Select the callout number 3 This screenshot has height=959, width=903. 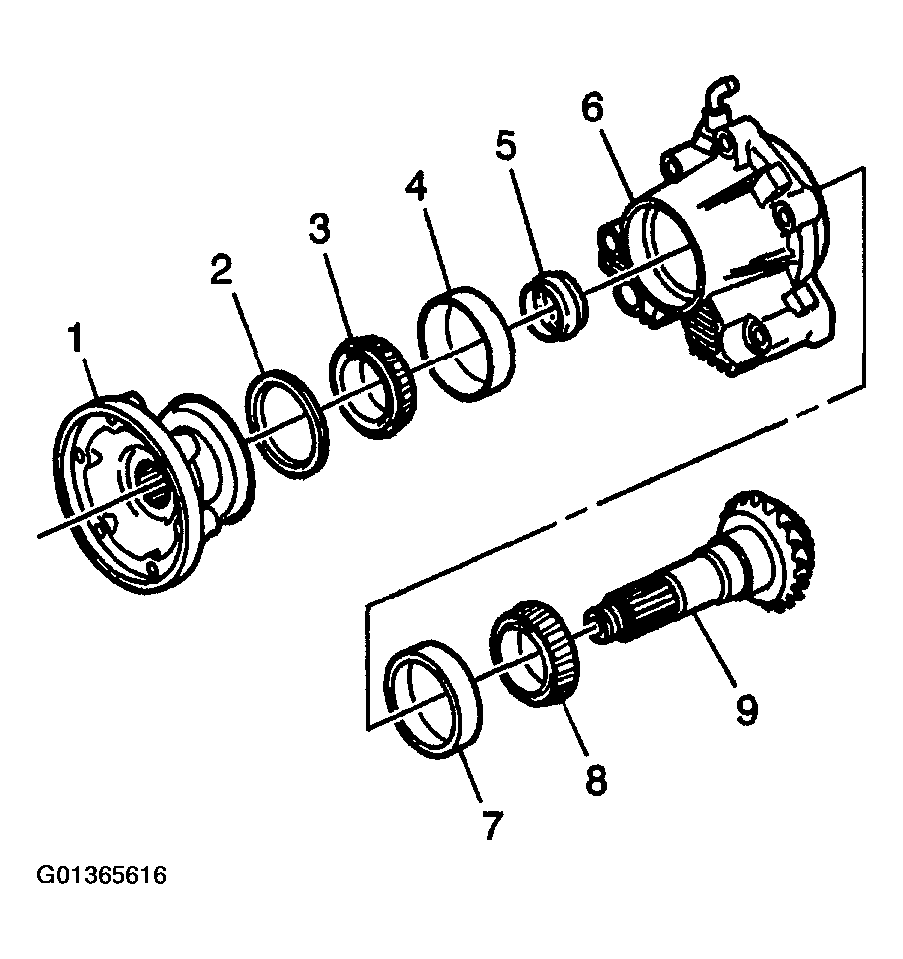coord(318,232)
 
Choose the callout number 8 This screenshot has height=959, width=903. coord(594,778)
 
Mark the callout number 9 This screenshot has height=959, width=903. coord(746,708)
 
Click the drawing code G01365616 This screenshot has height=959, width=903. coord(102,877)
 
